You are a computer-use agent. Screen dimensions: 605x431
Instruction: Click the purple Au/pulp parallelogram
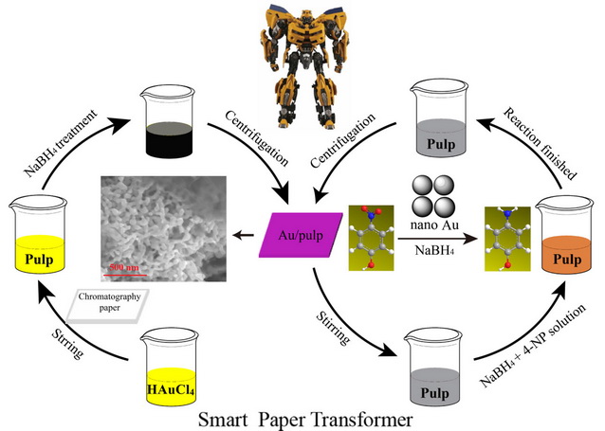tap(301, 235)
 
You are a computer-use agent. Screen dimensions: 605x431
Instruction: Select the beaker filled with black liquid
tap(168, 121)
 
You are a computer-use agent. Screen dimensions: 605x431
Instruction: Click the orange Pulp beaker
tap(565, 235)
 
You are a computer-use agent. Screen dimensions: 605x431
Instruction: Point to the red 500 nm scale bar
tap(125, 275)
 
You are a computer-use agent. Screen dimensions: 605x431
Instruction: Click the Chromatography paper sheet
tap(108, 306)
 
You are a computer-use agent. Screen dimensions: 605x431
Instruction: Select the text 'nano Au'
tap(434, 224)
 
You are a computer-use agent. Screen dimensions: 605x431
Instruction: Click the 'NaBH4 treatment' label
tap(61, 143)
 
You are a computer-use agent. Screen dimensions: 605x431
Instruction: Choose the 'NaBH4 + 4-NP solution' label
tap(533, 345)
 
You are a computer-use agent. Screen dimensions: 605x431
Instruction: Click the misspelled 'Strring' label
tap(67, 344)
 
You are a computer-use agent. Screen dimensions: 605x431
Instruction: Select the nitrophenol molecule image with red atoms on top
tap(371, 238)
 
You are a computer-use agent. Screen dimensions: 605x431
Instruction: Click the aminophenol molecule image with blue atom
tap(507, 239)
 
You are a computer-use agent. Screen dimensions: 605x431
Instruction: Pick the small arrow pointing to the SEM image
tap(243, 235)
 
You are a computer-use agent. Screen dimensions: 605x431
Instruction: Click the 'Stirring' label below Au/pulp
tap(334, 328)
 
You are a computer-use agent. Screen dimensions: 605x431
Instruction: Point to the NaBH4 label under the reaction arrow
tap(434, 251)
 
